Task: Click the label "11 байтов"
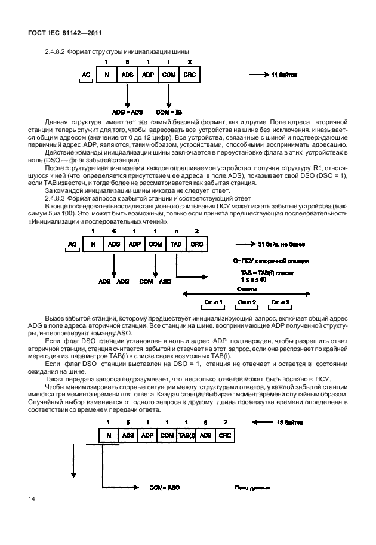point(284,75)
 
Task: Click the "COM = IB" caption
point(168,112)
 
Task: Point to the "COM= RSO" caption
point(165,488)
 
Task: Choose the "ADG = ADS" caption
point(127,112)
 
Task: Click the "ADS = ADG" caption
point(113,281)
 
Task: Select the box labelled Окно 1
point(213,303)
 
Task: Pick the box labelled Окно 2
point(248,303)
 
